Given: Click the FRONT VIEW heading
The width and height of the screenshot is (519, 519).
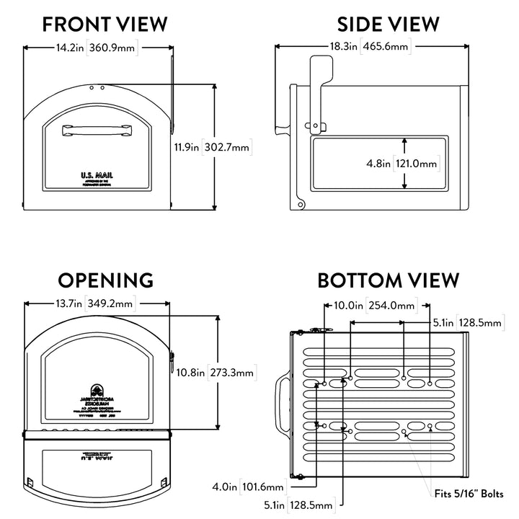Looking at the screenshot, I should coord(105,24).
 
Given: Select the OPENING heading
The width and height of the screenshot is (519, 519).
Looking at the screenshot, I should coord(106,280).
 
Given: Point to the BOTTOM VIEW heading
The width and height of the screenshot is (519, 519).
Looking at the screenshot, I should coord(389,280).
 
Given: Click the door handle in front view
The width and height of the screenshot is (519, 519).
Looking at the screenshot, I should coord(97,129).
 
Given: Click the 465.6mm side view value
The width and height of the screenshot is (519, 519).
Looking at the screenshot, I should coord(386,48).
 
